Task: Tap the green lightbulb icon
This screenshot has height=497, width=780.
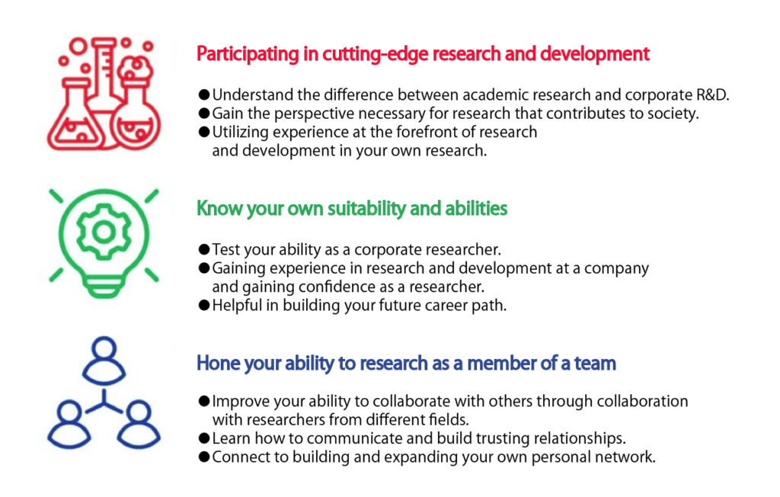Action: pyautogui.click(x=104, y=242)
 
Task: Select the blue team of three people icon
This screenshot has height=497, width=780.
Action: pyautogui.click(x=104, y=393)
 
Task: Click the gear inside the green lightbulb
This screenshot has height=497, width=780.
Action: pyautogui.click(x=104, y=232)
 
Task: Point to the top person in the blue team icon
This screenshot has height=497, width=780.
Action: pyautogui.click(x=104, y=360)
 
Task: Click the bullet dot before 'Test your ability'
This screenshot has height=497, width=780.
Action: pyautogui.click(x=204, y=249)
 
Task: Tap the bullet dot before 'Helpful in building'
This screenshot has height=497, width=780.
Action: pyautogui.click(x=204, y=305)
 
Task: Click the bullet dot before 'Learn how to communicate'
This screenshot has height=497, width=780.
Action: pyautogui.click(x=204, y=438)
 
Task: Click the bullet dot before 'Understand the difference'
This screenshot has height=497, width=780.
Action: pyautogui.click(x=204, y=95)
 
